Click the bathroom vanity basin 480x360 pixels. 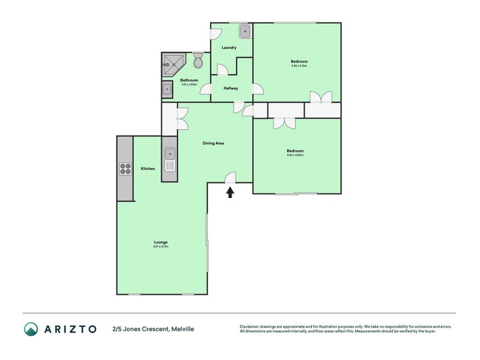(x=167, y=90)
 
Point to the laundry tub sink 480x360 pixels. (x=245, y=31)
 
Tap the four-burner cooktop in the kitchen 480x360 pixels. (x=125, y=169)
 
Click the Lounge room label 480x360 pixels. (x=160, y=242)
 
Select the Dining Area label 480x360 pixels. (x=213, y=143)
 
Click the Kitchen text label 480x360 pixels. (x=148, y=169)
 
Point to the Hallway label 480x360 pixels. (x=231, y=88)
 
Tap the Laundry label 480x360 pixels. (x=229, y=47)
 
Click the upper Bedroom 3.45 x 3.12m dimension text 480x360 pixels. (x=299, y=66)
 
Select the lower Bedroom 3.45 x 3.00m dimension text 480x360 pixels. (x=295, y=155)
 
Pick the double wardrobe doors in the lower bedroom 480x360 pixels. (x=283, y=122)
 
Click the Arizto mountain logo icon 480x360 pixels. (x=31, y=329)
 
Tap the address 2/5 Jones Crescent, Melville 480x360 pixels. (x=153, y=329)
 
